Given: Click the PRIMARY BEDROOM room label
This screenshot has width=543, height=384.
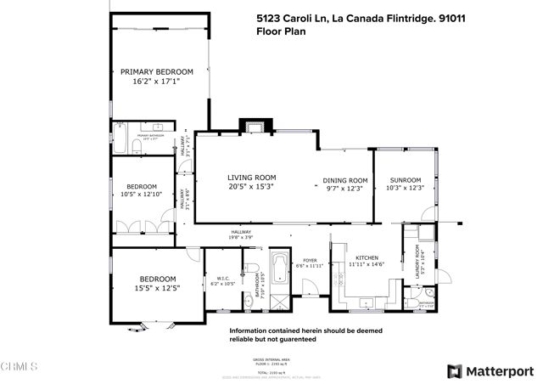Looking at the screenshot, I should (157, 71).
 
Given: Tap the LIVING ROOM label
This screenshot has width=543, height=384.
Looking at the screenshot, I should (252, 178).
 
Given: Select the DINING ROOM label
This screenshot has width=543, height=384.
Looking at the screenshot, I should (344, 180).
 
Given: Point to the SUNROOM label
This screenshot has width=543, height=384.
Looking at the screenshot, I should (405, 180).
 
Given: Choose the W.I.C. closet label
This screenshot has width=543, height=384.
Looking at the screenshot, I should (223, 278).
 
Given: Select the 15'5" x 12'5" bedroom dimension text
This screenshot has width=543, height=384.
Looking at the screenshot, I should (158, 287).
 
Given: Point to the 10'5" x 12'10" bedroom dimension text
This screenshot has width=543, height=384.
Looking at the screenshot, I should (143, 195).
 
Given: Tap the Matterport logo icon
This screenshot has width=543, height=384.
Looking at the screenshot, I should (454, 370).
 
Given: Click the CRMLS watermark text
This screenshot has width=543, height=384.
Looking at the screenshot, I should (20, 368).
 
